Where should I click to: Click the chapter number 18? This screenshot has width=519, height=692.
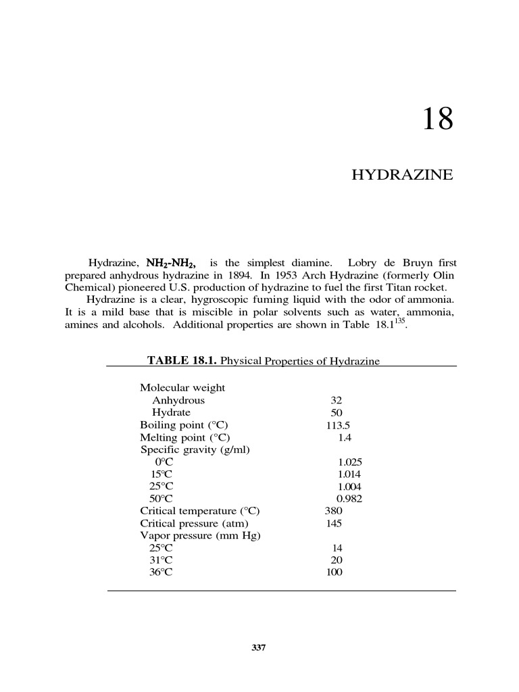pyautogui.click(x=438, y=120)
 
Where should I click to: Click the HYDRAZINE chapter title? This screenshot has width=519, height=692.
pyautogui.click(x=402, y=175)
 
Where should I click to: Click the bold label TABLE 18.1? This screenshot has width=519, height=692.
pyautogui.click(x=182, y=361)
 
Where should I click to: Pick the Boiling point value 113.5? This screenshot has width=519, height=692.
pyautogui.click(x=338, y=425)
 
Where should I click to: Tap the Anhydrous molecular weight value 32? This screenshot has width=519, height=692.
pyautogui.click(x=337, y=400)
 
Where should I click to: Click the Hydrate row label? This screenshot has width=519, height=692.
pyautogui.click(x=171, y=412)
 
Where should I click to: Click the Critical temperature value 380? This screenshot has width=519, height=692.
pyautogui.click(x=335, y=511)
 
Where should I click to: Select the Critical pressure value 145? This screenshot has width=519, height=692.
pyautogui.click(x=334, y=523)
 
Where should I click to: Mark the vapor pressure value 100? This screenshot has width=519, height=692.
pyautogui.click(x=334, y=572)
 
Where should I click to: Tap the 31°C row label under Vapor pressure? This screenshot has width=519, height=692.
pyautogui.click(x=161, y=560)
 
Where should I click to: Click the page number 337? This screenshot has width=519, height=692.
pyautogui.click(x=259, y=648)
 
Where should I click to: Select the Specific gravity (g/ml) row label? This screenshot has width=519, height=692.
pyautogui.click(x=195, y=450)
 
